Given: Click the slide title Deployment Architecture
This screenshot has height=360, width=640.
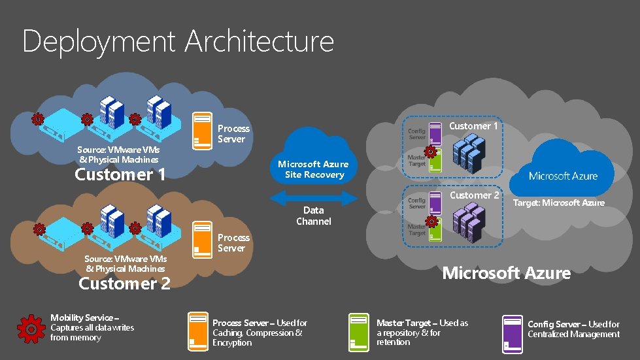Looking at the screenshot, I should click(178, 41).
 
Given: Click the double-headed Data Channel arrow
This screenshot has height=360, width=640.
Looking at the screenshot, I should click(313, 197).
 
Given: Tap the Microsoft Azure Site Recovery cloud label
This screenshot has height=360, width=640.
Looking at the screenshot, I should click(313, 169).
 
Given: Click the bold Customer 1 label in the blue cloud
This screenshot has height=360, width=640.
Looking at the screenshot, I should click(120, 174).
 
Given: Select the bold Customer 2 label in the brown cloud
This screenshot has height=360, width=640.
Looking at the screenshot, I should click(124, 283).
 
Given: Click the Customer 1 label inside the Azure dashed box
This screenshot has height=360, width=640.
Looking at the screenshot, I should click(474, 126).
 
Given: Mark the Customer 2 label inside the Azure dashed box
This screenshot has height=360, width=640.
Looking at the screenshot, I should click(474, 195).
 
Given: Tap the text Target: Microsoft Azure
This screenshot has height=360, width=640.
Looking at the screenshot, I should click(558, 203).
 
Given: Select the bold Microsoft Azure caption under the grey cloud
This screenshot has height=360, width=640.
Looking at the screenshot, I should click(506, 273).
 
